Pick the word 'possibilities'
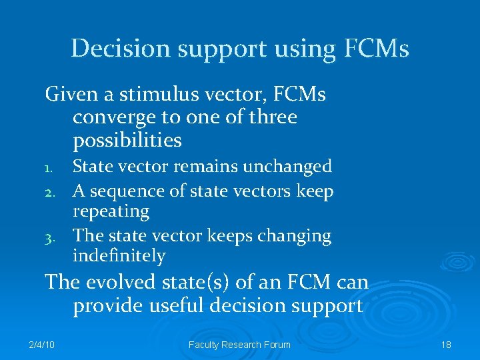click(127, 141)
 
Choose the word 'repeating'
click(111, 212)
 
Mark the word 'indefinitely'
click(119, 256)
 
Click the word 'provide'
click(107, 307)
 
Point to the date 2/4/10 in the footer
click(42, 345)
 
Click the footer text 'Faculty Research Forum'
click(239, 345)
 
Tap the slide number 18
click(446, 345)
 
